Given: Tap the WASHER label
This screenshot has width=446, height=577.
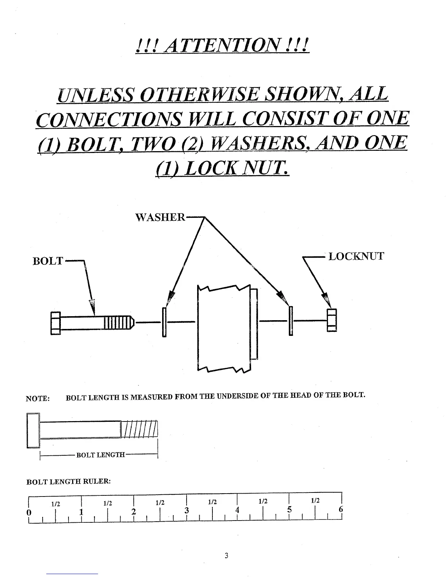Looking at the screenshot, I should pyautogui.click(x=160, y=217).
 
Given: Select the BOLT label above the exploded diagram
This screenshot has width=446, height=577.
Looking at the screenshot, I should pyautogui.click(x=48, y=262).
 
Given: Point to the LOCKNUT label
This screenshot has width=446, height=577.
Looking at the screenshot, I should pyautogui.click(x=356, y=256).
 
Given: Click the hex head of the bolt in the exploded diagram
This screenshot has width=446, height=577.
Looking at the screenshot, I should pyautogui.click(x=55, y=323).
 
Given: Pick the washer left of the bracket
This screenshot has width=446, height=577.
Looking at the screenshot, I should pyautogui.click(x=164, y=322).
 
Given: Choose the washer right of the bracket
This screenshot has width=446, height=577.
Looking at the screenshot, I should pyautogui.click(x=291, y=321).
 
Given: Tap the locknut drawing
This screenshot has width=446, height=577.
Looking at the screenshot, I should pyautogui.click(x=332, y=320).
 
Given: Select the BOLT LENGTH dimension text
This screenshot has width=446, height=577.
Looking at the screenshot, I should pyautogui.click(x=100, y=455).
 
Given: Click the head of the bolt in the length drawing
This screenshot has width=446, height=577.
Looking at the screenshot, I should pyautogui.click(x=33, y=430).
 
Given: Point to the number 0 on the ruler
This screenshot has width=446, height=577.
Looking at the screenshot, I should pyautogui.click(x=29, y=512).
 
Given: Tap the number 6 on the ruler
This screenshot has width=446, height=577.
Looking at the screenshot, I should pyautogui.click(x=341, y=510).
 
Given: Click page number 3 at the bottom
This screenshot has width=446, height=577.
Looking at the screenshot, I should pyautogui.click(x=226, y=556).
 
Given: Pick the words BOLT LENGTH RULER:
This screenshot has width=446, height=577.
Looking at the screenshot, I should pyautogui.click(x=69, y=481).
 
